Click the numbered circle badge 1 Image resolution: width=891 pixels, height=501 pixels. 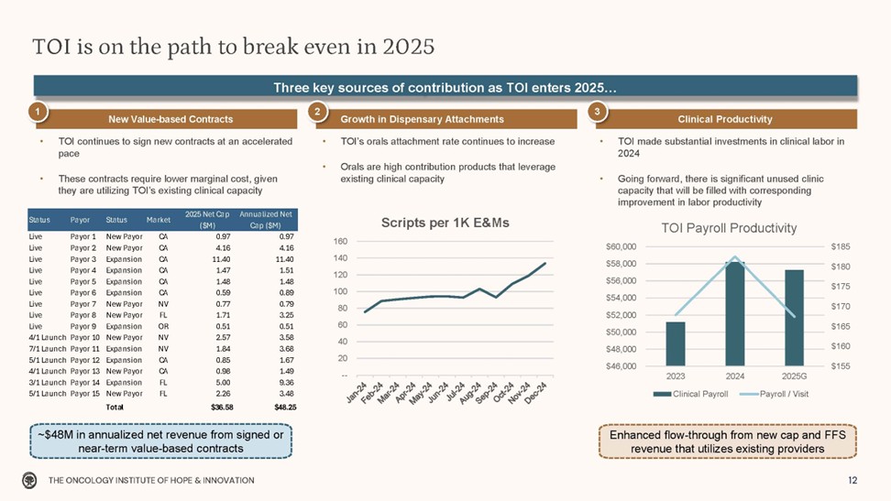[38, 111]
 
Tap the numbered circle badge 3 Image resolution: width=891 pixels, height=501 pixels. [596, 111]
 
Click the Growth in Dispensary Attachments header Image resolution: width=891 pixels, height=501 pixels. [422, 119]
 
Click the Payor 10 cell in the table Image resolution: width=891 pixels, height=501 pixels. [85, 338]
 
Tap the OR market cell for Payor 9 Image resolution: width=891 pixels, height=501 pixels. [163, 326]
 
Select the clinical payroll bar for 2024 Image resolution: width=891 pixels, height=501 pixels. [735, 313]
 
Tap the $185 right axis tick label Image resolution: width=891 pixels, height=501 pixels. [841, 246]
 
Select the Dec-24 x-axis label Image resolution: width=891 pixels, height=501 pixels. [536, 394]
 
